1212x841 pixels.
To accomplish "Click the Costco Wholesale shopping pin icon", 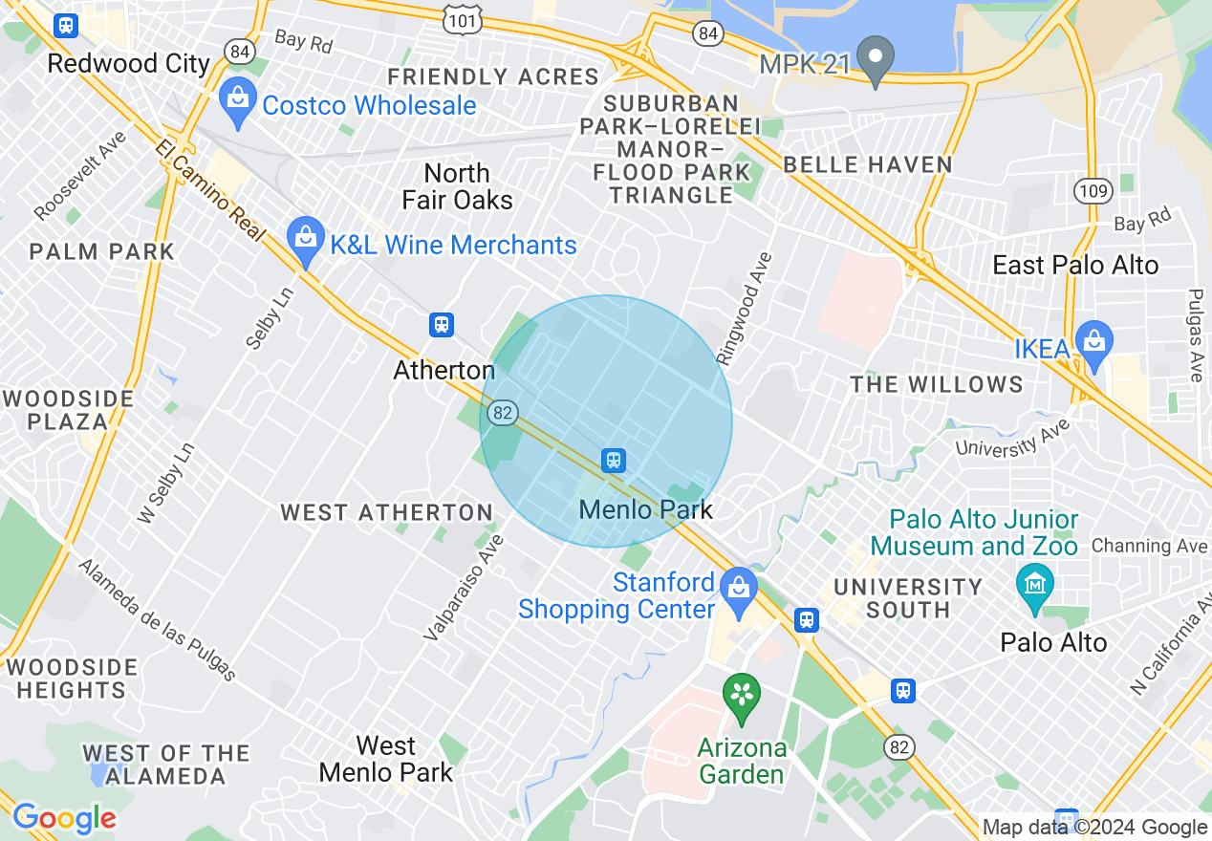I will coord(237,101).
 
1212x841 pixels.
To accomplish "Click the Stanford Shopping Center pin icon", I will coord(739,591).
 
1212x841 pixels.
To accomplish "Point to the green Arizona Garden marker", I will coord(742,698).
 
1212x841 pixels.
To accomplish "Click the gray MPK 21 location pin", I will coord(875,59).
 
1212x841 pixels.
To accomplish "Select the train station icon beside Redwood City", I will coord(65,25).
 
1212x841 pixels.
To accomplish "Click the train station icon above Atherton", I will coord(441,325).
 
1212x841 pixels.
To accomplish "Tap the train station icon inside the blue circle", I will coord(614,461).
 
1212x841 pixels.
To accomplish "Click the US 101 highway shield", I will coord(463,17).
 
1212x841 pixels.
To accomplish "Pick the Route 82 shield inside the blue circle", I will coord(502,413).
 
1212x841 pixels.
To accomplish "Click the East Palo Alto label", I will coord(1075,266).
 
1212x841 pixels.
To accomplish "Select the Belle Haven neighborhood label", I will coord(868,164).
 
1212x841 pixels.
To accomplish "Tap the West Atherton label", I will coord(386,513).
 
